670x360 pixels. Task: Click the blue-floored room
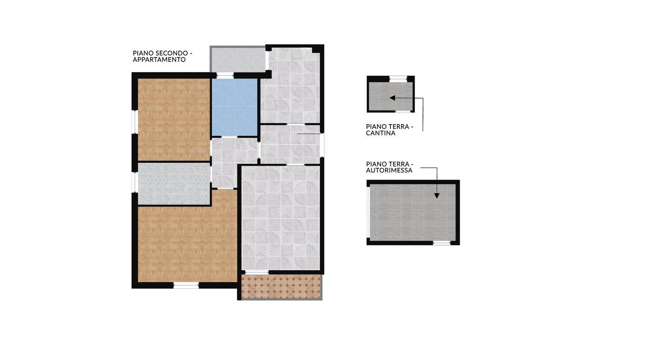[234, 107]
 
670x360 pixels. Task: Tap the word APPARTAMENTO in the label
[159, 60]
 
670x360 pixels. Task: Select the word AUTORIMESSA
[389, 170]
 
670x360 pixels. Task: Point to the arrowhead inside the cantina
[392, 98]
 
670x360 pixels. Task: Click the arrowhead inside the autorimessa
[437, 195]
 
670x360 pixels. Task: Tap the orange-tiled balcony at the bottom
[281, 287]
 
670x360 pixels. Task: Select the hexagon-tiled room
[174, 184]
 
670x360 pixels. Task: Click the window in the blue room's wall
[225, 75]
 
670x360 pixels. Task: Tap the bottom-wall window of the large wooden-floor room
[186, 286]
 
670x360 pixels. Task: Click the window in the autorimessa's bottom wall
[442, 243]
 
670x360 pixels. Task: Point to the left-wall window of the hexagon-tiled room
[135, 182]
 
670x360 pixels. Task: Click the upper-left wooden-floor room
[174, 119]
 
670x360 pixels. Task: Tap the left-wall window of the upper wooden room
[135, 122]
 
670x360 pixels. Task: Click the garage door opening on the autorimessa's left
[368, 213]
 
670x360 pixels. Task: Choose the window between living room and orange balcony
[257, 273]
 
